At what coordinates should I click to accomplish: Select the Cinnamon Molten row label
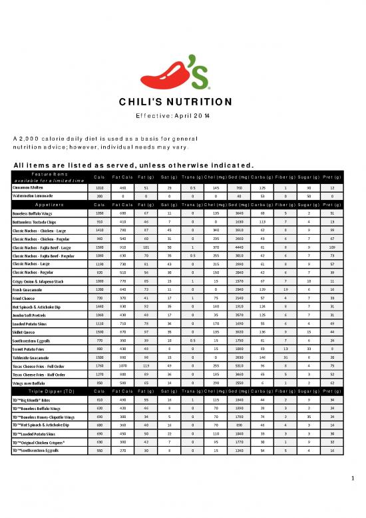click(x=31, y=189)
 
